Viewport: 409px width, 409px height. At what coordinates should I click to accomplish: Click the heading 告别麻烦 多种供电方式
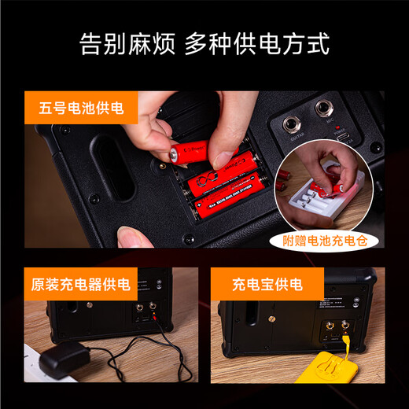tap(204, 44)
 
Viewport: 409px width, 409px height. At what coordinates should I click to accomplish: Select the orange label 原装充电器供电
tap(81, 284)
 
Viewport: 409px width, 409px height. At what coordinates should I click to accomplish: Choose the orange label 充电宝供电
tap(267, 284)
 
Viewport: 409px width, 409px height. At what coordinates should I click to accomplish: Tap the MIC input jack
tap(324, 109)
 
